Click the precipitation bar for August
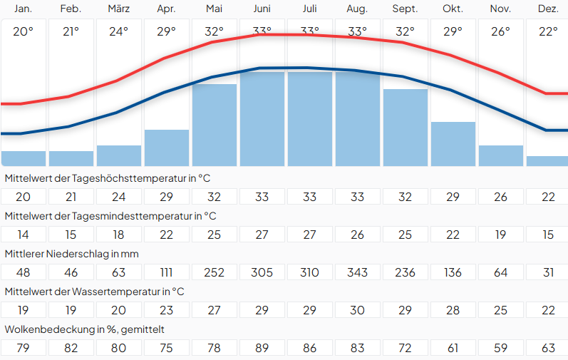[x=357, y=118]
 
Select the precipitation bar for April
[x=166, y=148]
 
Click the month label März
[x=118, y=9]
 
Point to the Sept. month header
[x=405, y=9]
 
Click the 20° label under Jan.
[x=23, y=31]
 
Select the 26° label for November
[x=500, y=31]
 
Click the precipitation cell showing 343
[x=357, y=272]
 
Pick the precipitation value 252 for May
[x=214, y=272]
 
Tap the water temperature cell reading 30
[x=357, y=310]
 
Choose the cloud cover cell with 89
[x=262, y=348]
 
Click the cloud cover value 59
[x=500, y=348]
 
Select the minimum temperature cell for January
[x=23, y=235]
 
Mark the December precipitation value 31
[x=547, y=272]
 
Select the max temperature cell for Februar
[x=71, y=197]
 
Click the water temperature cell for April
[x=166, y=310]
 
